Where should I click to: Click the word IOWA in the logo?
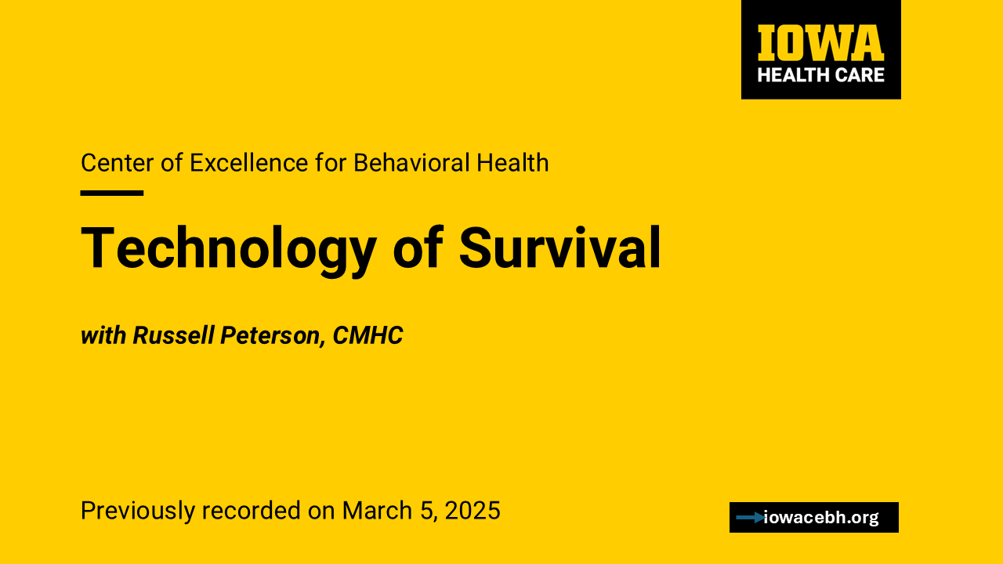click(820, 43)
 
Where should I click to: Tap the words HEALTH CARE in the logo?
click(820, 75)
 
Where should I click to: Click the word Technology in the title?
click(228, 249)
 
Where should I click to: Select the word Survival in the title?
click(559, 248)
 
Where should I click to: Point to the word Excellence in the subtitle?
click(249, 162)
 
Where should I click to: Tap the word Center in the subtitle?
click(118, 162)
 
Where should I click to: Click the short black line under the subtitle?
click(112, 193)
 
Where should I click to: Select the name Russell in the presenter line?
click(174, 335)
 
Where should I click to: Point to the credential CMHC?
click(368, 335)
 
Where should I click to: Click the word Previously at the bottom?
click(138, 512)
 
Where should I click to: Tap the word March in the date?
click(377, 511)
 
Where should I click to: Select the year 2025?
click(473, 511)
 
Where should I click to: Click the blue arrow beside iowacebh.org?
click(751, 518)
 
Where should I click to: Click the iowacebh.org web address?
click(821, 518)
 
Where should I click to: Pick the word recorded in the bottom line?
click(252, 511)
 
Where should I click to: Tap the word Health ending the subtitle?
click(512, 162)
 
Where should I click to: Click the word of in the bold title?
click(418, 248)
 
